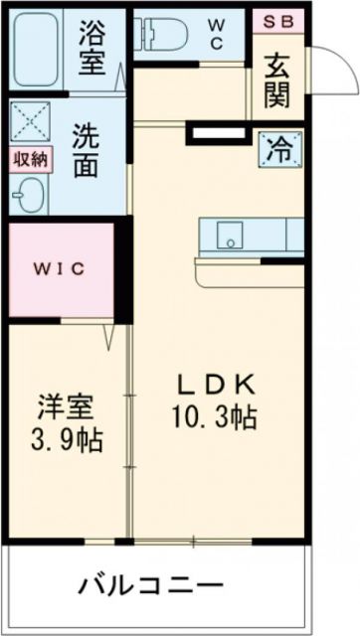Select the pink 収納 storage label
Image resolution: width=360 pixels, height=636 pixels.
pyautogui.click(x=29, y=160)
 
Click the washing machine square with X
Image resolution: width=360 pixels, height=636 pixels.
pyautogui.click(x=29, y=123)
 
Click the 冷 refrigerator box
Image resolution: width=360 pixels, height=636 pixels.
pyautogui.click(x=279, y=150)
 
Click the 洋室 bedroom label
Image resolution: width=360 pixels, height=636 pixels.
pyautogui.click(x=67, y=407)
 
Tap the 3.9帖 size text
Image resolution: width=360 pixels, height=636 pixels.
pyautogui.click(x=67, y=437)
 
